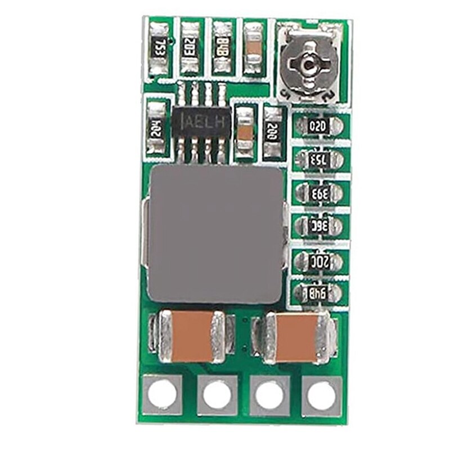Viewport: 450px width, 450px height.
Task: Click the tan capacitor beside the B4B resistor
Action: coord(253,47)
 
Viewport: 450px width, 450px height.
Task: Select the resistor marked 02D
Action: coord(318,127)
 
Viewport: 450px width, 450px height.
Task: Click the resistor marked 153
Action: coord(318,159)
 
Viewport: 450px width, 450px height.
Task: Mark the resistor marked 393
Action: coord(318,193)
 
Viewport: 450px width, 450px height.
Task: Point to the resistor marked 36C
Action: coord(318,226)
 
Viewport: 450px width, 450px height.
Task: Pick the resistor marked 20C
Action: coord(318,260)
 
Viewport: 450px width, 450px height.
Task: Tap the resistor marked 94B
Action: coord(318,292)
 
